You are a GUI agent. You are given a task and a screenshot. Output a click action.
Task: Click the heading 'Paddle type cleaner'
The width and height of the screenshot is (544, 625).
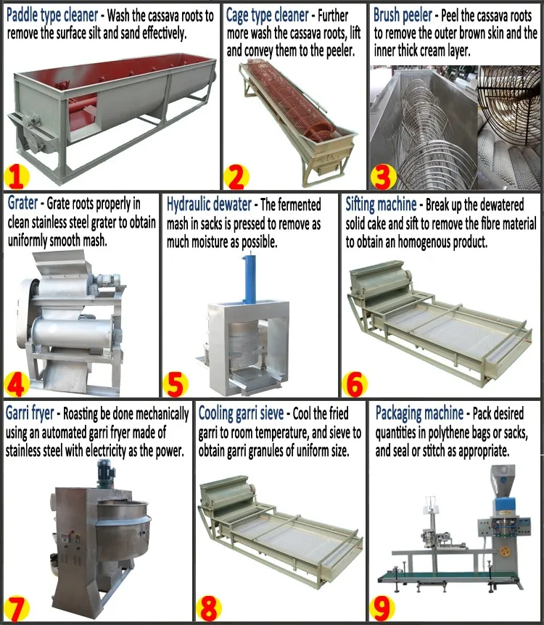[x=51, y=14]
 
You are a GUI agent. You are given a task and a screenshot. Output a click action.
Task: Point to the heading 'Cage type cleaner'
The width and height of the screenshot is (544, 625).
[x=268, y=14]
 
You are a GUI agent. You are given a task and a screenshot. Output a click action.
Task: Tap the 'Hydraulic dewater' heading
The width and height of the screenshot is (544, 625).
[x=209, y=205]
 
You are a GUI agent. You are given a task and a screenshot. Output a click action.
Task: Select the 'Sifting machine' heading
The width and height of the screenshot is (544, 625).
[x=381, y=205]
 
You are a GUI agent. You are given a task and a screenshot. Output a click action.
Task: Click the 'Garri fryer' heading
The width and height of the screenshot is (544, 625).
[x=30, y=414]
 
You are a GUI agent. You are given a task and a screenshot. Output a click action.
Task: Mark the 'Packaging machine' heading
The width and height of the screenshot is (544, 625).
[x=419, y=414]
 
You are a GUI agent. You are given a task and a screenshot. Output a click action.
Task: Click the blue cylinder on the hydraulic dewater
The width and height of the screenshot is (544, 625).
[x=250, y=280]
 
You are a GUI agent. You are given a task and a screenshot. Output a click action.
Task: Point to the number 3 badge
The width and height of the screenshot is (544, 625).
[x=383, y=175]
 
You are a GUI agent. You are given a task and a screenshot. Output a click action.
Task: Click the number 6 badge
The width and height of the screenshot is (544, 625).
[x=354, y=383]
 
